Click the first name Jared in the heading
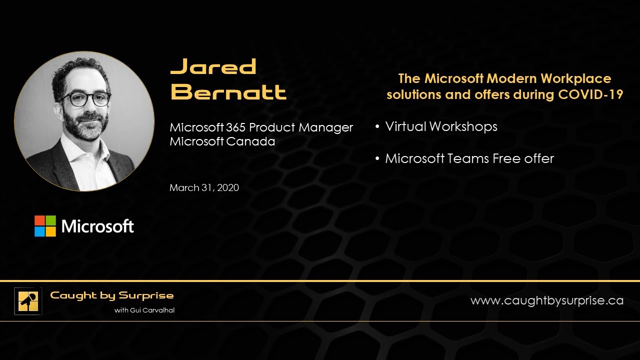(213, 66)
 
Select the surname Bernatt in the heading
(228, 92)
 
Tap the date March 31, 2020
(204, 188)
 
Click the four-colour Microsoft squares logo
(45, 226)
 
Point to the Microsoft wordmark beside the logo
(97, 226)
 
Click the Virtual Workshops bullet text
(441, 126)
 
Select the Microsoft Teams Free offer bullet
(469, 158)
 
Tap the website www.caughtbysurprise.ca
(546, 300)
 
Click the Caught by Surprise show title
(111, 295)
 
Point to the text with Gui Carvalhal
(144, 310)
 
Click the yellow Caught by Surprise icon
(28, 301)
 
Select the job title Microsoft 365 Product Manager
(261, 127)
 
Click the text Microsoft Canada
(222, 141)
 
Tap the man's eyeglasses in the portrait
(86, 98)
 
